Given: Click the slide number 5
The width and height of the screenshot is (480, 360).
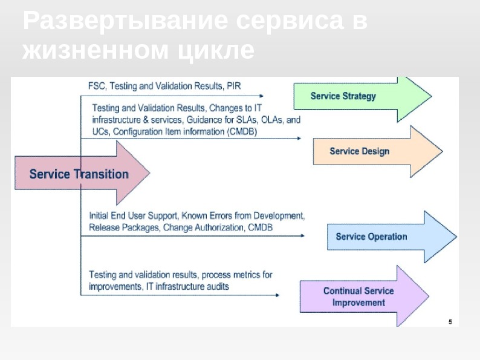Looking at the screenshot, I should click(450, 321).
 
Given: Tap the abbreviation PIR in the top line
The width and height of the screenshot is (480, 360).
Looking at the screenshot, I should click(233, 86).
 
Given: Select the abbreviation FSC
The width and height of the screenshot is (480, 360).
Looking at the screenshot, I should click(97, 86).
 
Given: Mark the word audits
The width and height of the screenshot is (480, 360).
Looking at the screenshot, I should click(216, 286).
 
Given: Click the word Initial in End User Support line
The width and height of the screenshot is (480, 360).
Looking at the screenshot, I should click(100, 215).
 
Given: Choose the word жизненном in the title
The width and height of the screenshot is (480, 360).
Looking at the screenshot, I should click(96, 51).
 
